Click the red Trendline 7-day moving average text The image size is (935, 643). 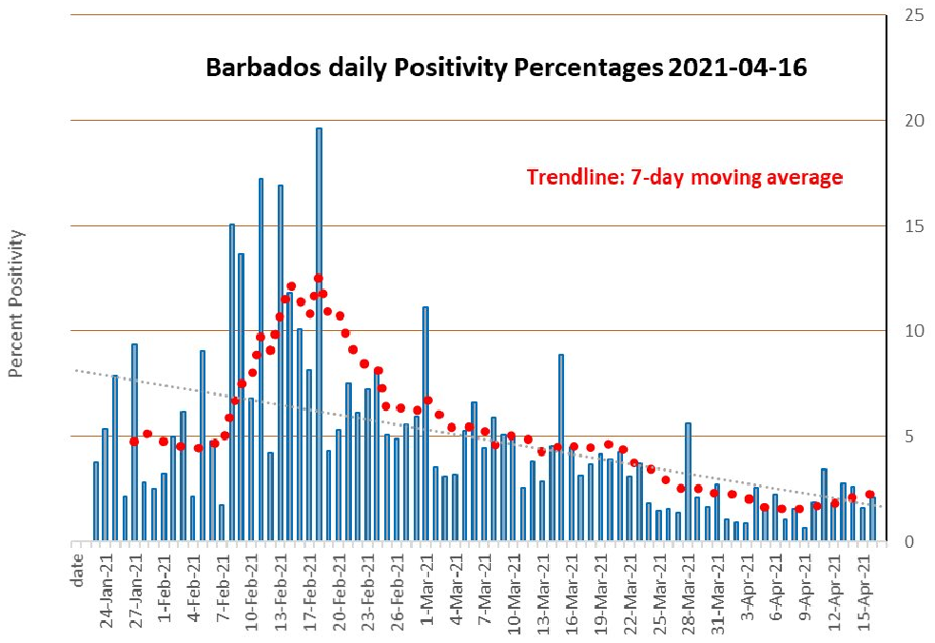[x=685, y=178]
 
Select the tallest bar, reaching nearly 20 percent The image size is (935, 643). [x=319, y=333]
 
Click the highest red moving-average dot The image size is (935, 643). [x=318, y=279]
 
